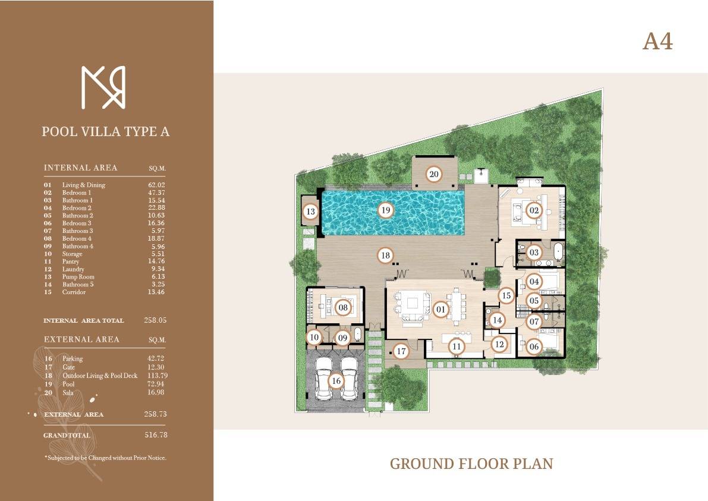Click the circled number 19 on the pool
[x=385, y=210]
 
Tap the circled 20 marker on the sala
[x=433, y=174]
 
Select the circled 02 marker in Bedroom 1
[x=534, y=210]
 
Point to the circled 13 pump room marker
[x=311, y=211]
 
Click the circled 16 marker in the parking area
[x=336, y=381]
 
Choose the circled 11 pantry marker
[x=457, y=346]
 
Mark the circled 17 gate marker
[x=401, y=351]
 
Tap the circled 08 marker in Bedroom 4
[x=343, y=308]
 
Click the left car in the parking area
[x=323, y=378]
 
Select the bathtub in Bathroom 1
[x=559, y=252]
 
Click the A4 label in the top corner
[x=657, y=42]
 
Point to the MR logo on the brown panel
[x=103, y=87]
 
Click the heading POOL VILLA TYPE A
[x=106, y=131]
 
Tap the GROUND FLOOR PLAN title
[x=471, y=464]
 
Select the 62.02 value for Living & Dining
[x=156, y=185]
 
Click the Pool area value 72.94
[x=156, y=384]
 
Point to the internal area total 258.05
[x=155, y=320]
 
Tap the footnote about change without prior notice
[x=105, y=458]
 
